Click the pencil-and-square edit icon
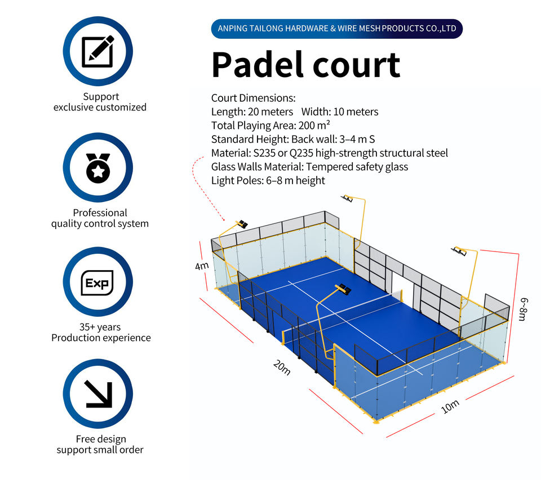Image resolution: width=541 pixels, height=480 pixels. pyautogui.click(x=97, y=51)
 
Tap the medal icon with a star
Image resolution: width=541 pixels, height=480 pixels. pyautogui.click(x=98, y=168)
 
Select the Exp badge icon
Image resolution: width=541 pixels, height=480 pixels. pyautogui.click(x=97, y=282)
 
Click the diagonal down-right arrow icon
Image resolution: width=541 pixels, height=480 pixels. pyautogui.click(x=98, y=394)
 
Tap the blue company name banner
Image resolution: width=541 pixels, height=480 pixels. pyautogui.click(x=337, y=29)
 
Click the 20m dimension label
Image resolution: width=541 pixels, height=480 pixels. pyautogui.click(x=282, y=367)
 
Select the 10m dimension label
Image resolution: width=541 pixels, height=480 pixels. pyautogui.click(x=450, y=407)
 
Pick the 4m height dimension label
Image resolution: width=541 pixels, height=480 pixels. pyautogui.click(x=202, y=266)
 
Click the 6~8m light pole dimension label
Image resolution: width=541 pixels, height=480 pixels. pyautogui.click(x=524, y=309)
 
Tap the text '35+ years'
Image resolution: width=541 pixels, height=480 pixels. pyautogui.click(x=100, y=327)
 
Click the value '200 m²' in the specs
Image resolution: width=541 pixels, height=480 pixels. pyautogui.click(x=314, y=125)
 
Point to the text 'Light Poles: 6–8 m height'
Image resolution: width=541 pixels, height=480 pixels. pyautogui.click(x=268, y=181)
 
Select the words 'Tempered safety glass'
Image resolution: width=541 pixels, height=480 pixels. pyautogui.click(x=357, y=167)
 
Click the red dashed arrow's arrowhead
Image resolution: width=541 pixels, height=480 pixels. pyautogui.click(x=224, y=219)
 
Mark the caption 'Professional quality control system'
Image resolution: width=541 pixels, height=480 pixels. pyautogui.click(x=100, y=218)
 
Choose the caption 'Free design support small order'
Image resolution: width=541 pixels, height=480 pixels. pyautogui.click(x=100, y=444)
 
